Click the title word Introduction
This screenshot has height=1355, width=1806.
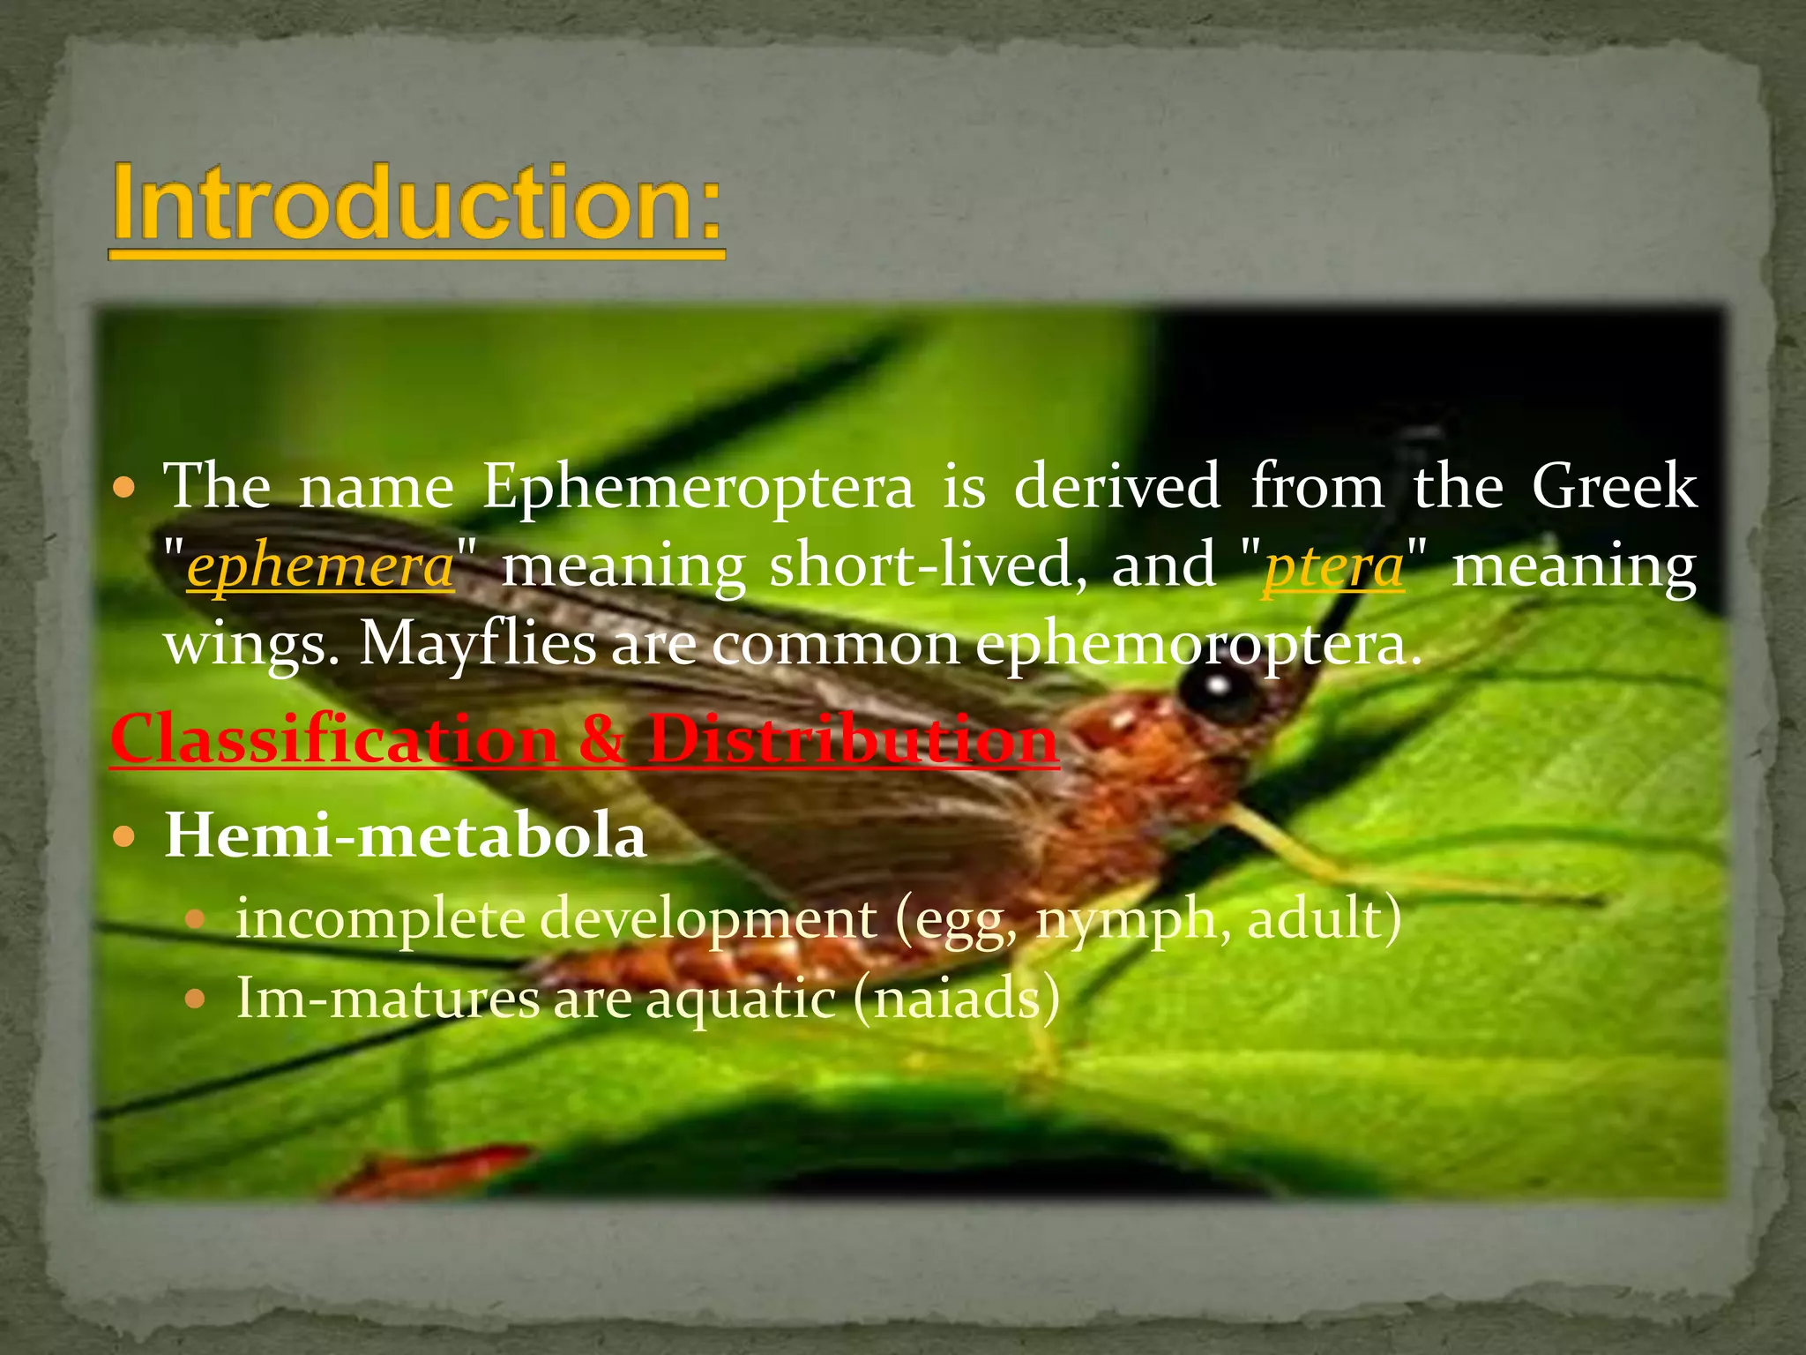[x=416, y=205]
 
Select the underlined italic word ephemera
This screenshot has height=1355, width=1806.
[x=320, y=566]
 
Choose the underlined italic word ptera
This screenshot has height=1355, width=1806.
[x=1332, y=566]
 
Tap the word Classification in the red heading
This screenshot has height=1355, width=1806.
[x=333, y=738]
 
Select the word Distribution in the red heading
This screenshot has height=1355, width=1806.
[x=853, y=738]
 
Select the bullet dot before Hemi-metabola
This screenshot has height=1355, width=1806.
[x=125, y=835]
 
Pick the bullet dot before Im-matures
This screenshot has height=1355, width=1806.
[x=195, y=999]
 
